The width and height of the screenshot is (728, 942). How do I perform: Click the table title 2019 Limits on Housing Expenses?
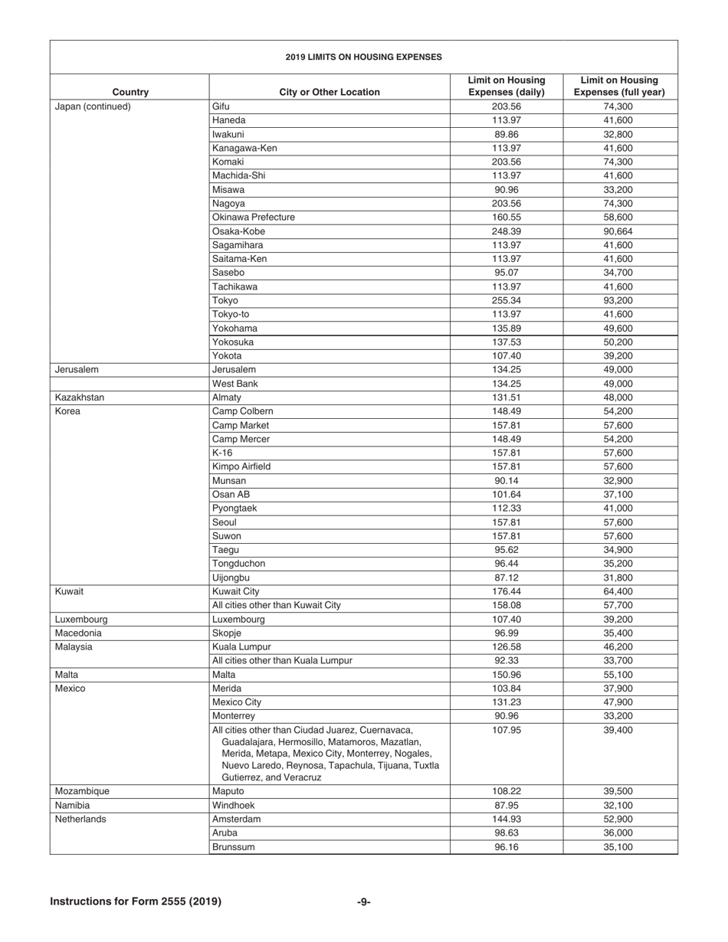pos(363,57)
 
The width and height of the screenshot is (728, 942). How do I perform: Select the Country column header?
pos(130,92)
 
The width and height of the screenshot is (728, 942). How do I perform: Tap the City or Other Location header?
pos(330,92)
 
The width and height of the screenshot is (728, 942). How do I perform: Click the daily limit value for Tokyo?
pos(506,300)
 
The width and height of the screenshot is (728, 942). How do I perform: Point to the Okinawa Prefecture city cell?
pos(253,218)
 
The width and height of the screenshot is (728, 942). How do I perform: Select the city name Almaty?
pos(227,397)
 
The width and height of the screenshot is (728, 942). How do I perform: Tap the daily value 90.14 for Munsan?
pos(506,481)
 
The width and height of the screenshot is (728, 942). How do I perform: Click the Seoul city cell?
pos(225,522)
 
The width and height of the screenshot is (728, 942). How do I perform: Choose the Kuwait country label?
pos(69,591)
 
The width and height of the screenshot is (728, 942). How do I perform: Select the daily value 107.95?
pos(506,730)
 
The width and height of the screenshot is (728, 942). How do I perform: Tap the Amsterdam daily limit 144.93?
pos(506,819)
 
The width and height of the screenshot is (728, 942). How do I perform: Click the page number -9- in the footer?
pos(364,901)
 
